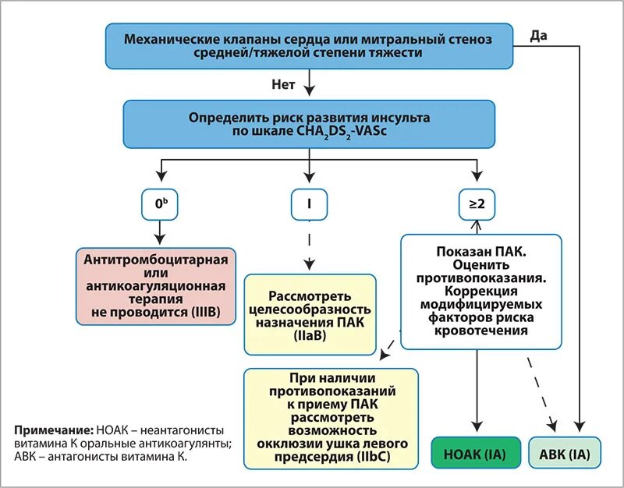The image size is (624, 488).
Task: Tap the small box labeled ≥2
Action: tap(477, 203)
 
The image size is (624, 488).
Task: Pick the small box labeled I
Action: tap(310, 203)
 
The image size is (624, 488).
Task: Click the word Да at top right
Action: tap(538, 35)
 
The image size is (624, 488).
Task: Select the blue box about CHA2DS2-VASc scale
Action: tap(310, 124)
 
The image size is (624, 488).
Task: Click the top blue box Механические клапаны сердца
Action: tap(310, 45)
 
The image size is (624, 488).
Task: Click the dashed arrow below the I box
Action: tap(310, 244)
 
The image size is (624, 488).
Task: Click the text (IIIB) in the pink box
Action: tap(204, 312)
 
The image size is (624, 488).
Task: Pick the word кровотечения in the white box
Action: tap(480, 331)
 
